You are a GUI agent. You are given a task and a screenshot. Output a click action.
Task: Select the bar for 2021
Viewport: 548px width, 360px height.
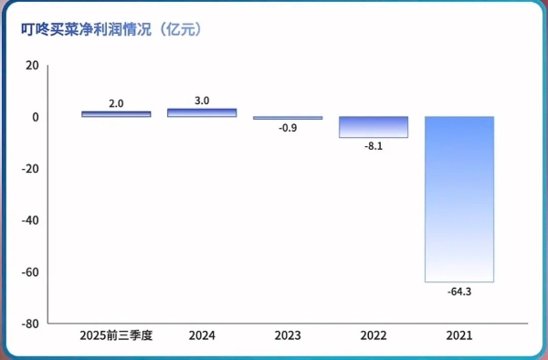pyautogui.click(x=459, y=199)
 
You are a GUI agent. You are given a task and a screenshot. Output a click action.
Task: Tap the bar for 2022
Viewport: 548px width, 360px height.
pyautogui.click(x=374, y=127)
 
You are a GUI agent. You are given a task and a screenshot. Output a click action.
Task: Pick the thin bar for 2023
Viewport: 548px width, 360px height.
pyautogui.click(x=288, y=118)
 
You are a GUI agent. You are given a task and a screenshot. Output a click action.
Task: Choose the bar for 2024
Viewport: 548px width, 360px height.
pyautogui.click(x=202, y=112)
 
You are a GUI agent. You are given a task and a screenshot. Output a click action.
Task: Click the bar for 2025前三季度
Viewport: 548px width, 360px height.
pyautogui.click(x=116, y=114)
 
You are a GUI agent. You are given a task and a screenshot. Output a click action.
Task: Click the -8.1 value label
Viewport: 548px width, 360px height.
pyautogui.click(x=374, y=146)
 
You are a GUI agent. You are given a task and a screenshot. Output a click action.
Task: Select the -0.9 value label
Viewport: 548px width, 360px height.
pyautogui.click(x=288, y=128)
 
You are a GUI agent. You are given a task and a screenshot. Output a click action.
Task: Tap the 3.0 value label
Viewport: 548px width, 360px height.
pyautogui.click(x=202, y=100)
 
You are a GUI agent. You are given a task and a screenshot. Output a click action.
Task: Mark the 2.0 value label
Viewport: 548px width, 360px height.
pyautogui.click(x=116, y=103)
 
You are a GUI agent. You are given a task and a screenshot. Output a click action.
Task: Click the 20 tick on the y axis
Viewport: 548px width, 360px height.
pyautogui.click(x=33, y=66)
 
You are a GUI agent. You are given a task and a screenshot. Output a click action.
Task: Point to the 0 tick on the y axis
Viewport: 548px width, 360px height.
pyautogui.click(x=36, y=117)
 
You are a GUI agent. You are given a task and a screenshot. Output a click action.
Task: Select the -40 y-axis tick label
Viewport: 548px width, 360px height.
pyautogui.click(x=31, y=220)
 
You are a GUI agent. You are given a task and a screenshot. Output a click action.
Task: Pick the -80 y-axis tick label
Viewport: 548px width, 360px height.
pyautogui.click(x=31, y=323)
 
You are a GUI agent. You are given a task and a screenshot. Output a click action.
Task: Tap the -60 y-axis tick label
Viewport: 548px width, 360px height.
pyautogui.click(x=31, y=272)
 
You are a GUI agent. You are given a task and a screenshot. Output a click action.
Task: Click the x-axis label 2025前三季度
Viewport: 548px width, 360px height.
pyautogui.click(x=116, y=336)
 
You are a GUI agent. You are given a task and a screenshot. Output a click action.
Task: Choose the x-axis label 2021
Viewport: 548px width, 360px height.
pyautogui.click(x=459, y=336)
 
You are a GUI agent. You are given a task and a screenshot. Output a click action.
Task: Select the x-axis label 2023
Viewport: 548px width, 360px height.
pyautogui.click(x=288, y=336)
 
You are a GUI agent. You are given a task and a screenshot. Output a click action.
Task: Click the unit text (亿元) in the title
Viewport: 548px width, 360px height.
pyautogui.click(x=178, y=27)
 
